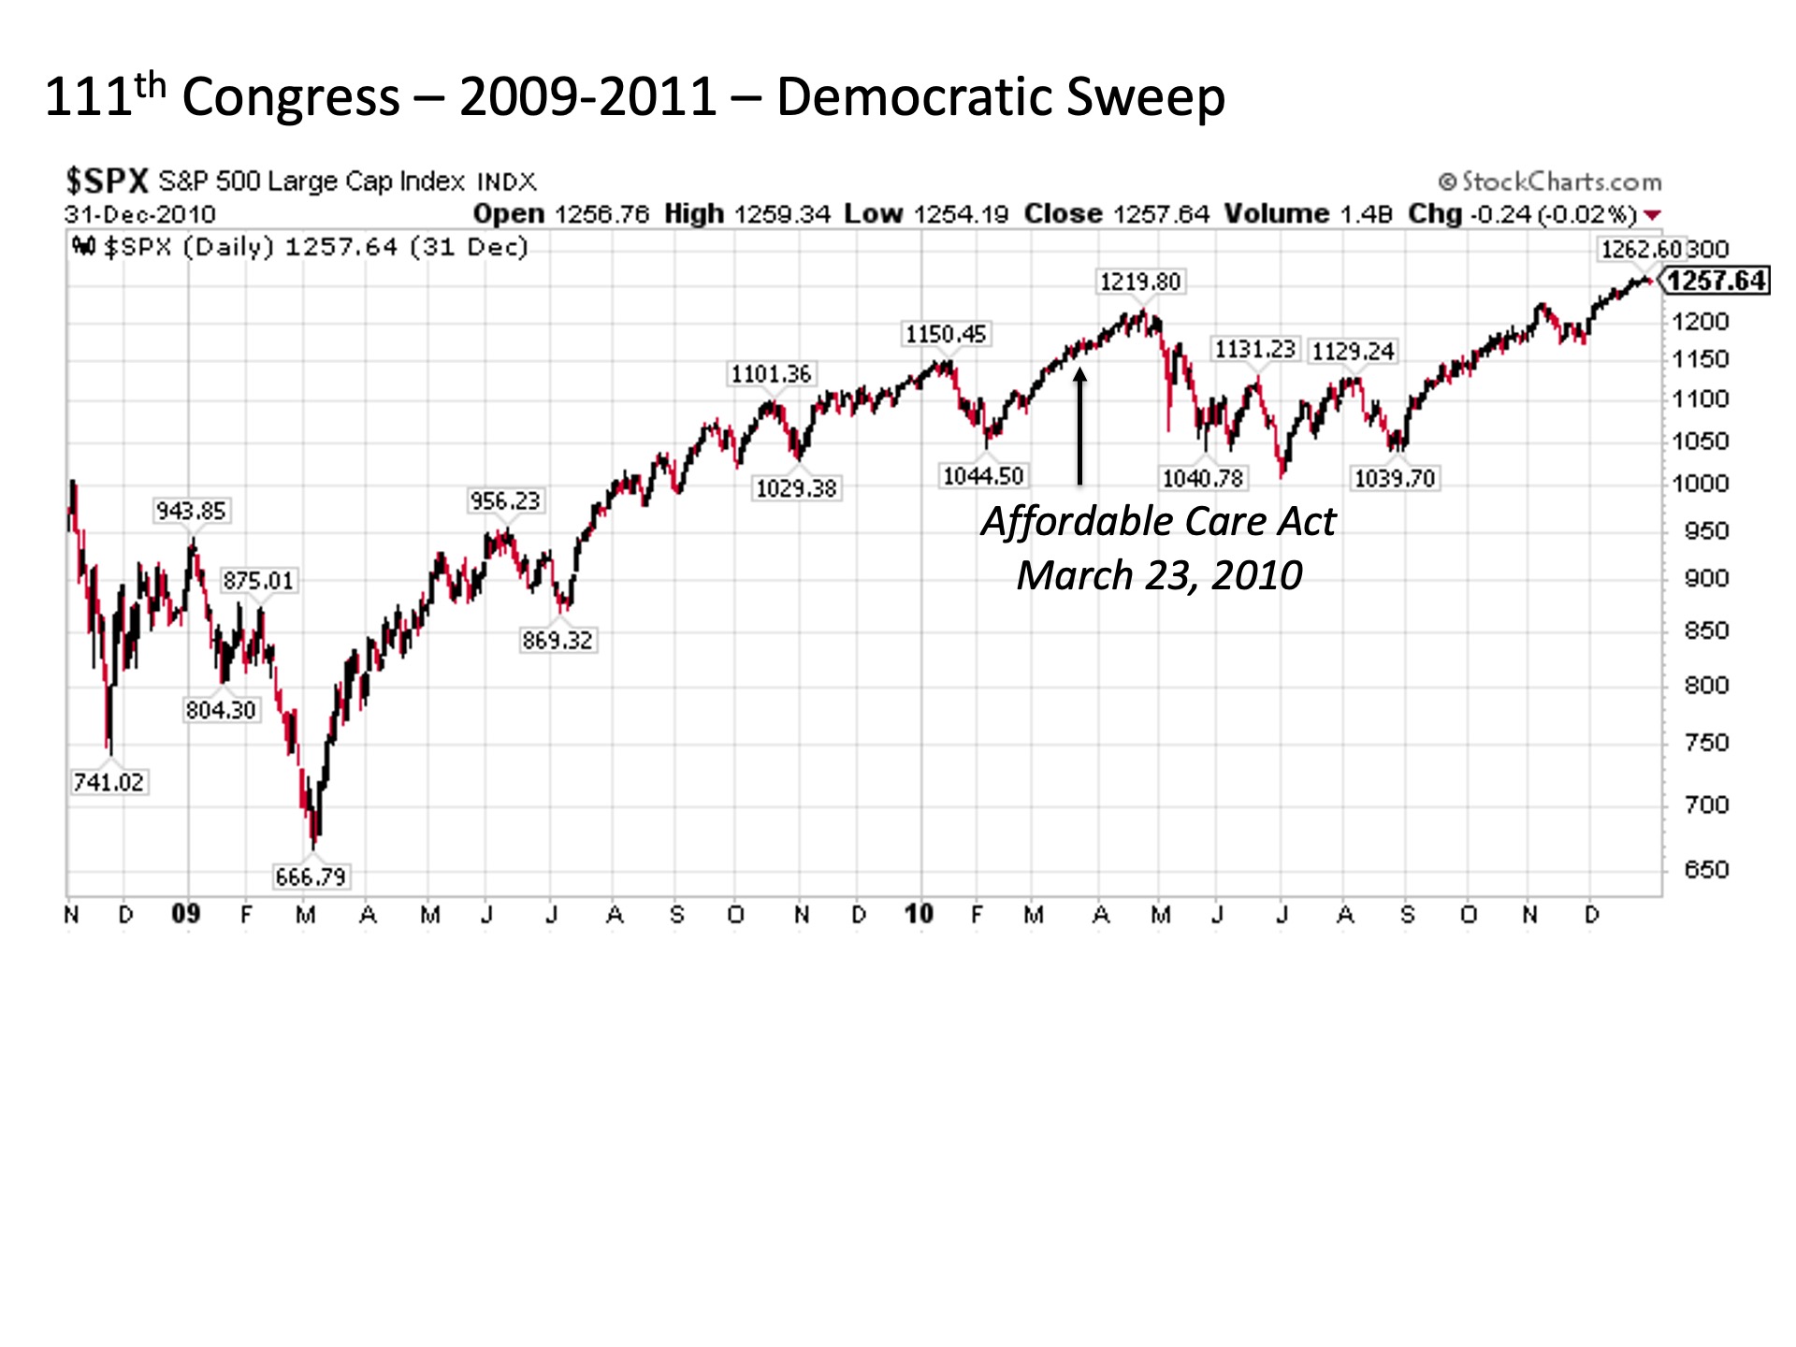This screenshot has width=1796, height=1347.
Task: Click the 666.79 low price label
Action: pos(311,876)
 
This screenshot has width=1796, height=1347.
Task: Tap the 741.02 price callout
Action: pos(109,782)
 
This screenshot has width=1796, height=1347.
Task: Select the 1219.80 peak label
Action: pos(1139,282)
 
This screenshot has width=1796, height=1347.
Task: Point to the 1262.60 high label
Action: pos(1641,249)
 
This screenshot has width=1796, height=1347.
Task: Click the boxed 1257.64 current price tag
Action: pos(1716,281)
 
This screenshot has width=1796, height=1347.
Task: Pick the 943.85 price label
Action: pos(191,511)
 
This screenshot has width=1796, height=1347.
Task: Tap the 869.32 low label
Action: pos(558,640)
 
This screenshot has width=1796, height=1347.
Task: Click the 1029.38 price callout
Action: pos(796,488)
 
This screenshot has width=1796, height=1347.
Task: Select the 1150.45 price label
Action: pos(946,334)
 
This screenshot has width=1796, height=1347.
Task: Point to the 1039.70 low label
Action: pos(1395,479)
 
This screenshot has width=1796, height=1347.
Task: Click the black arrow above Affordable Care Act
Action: pos(1079,427)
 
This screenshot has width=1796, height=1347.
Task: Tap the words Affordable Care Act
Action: pos(1158,522)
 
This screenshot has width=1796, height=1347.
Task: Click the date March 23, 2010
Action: pos(1159,575)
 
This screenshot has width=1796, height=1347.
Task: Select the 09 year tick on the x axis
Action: pos(186,914)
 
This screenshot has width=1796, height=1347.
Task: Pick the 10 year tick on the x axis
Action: pos(920,914)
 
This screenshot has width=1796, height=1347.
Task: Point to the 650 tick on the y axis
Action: pos(1706,870)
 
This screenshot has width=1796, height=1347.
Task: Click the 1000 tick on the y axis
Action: pos(1701,485)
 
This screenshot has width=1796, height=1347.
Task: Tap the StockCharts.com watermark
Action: pos(1551,181)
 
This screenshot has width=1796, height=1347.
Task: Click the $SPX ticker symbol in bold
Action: pos(107,181)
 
